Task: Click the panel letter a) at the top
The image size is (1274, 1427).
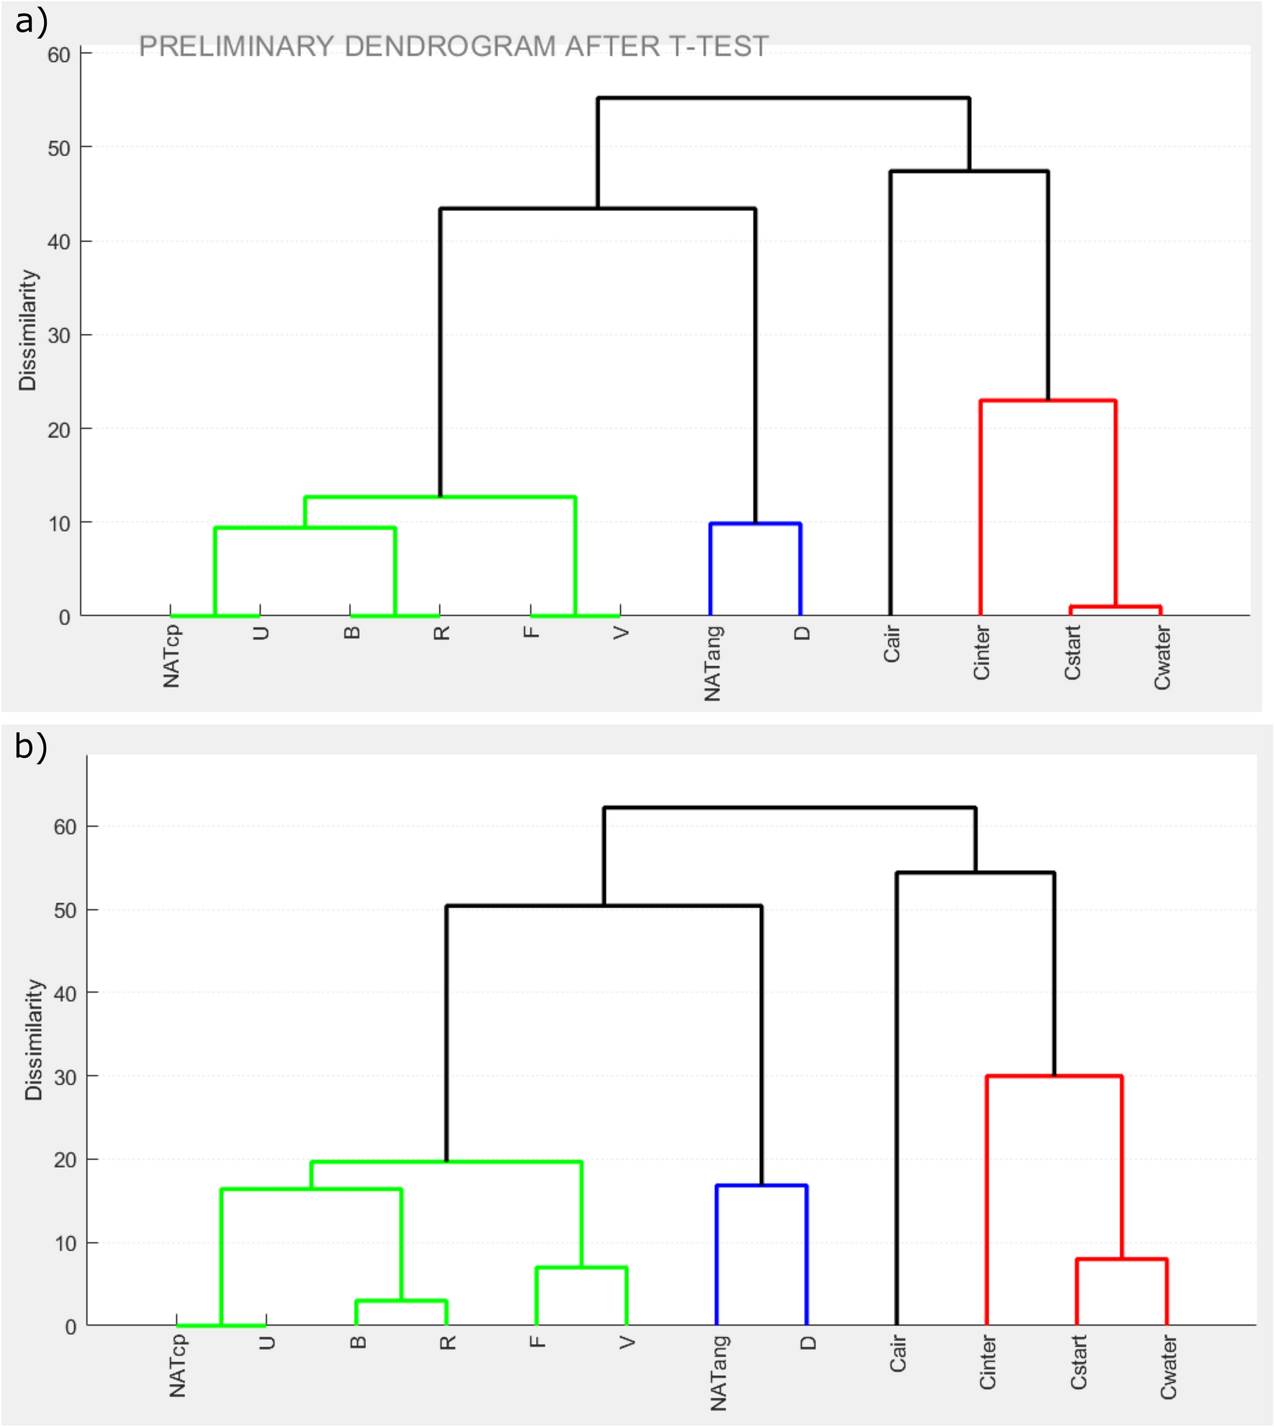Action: tap(31, 22)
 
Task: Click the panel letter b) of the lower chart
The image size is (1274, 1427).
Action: tap(31, 746)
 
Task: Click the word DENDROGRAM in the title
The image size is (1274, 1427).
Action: tap(449, 47)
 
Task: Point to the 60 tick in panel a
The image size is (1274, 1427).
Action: tap(59, 55)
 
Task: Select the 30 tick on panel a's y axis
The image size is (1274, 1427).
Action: tap(59, 336)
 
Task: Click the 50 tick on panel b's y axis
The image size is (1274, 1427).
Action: tap(65, 911)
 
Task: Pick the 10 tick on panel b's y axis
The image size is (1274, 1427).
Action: tap(65, 1243)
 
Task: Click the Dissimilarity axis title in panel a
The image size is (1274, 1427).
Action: tap(27, 330)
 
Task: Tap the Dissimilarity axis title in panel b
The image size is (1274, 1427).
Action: tap(33, 1040)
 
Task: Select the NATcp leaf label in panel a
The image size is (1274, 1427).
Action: tap(172, 656)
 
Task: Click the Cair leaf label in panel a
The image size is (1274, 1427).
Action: tap(892, 644)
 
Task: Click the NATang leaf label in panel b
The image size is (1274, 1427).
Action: tap(719, 1373)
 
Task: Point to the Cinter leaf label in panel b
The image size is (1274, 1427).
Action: tap(988, 1362)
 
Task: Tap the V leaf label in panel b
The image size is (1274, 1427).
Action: tap(628, 1343)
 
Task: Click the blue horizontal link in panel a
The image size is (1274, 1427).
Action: tap(755, 524)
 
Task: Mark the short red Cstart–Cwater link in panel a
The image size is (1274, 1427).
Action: tap(1115, 606)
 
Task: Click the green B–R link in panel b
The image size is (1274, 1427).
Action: tap(402, 1300)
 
